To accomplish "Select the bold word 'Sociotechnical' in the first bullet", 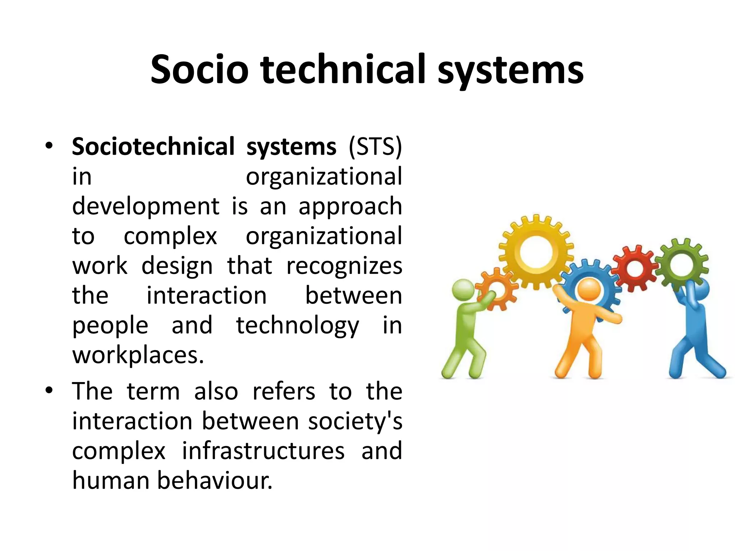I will coord(153,147).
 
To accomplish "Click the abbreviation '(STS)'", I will coord(375,147).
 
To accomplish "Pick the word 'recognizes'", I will coord(344,266).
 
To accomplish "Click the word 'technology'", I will coord(298,326).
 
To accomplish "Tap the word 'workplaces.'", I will coord(138,355).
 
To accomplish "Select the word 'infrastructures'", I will coord(263,451).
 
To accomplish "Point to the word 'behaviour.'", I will coord(215,481).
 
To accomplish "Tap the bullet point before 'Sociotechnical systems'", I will coord(49,146).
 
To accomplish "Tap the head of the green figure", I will coord(463,290).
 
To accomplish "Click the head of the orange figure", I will coord(589,289).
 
